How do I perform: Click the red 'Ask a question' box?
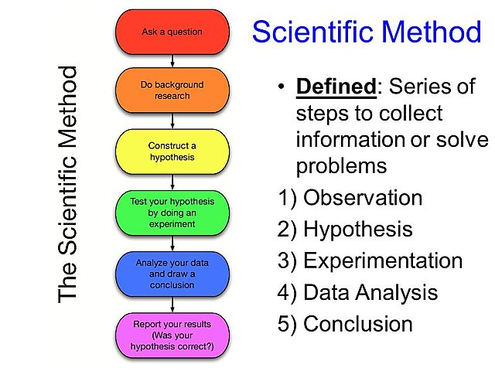172,32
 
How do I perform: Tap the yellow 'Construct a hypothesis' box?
172,151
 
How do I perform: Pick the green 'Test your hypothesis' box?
172,213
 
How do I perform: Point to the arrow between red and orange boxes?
172,60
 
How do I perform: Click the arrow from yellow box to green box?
172,182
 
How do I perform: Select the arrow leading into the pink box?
172,305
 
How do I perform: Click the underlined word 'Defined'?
336,87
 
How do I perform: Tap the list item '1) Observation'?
350,198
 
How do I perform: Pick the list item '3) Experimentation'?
370,260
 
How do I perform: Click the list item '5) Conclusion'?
345,323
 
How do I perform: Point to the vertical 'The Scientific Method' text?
69,184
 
